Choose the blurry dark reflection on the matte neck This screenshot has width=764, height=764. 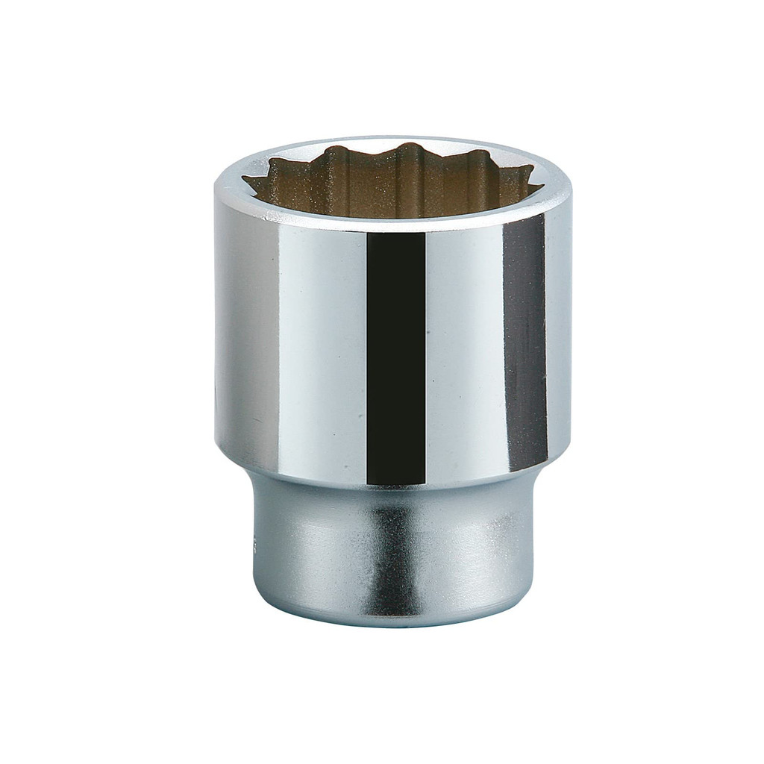[x=388, y=552]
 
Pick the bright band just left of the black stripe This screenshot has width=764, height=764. [x=336, y=351]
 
